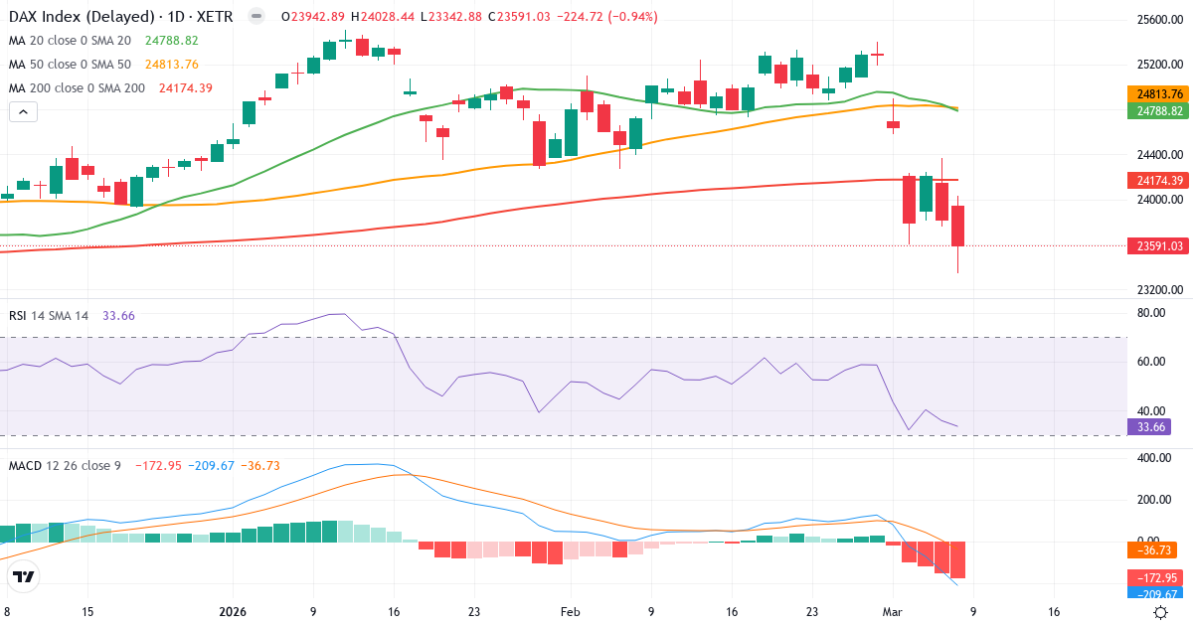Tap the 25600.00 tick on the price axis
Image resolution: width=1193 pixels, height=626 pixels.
tap(1159, 20)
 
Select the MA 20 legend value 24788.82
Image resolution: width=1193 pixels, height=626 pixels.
tap(171, 41)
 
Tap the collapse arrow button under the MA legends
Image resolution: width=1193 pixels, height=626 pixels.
tap(23, 112)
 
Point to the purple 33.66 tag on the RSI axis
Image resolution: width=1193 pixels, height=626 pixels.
tap(1148, 426)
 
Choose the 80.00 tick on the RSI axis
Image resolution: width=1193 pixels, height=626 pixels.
tap(1151, 313)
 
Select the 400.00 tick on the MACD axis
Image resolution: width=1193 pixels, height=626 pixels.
tap(1153, 458)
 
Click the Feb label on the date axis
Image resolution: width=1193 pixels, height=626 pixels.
tap(570, 612)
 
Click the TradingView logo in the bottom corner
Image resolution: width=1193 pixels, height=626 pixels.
tap(24, 576)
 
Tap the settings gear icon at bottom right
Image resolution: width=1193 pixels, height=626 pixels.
tap(1159, 612)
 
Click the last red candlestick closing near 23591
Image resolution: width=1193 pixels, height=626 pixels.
tap(958, 226)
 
